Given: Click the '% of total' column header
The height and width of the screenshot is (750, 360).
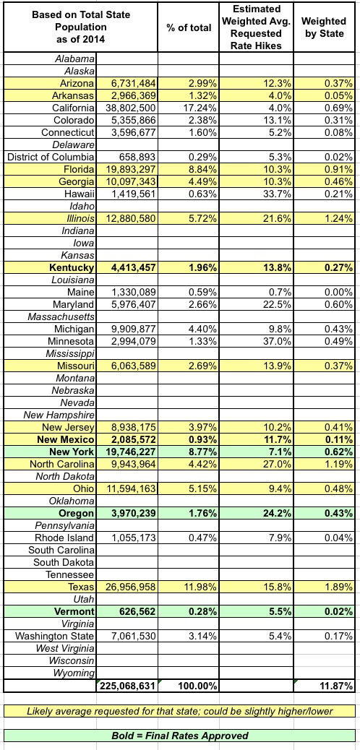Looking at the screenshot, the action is pyautogui.click(x=189, y=27).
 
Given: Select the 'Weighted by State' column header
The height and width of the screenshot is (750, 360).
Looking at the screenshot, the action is pyautogui.click(x=325, y=27).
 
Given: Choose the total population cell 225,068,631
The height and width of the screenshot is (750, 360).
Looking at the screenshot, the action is pyautogui.click(x=127, y=686).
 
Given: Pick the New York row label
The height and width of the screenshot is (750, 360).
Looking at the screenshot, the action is pyautogui.click(x=72, y=451).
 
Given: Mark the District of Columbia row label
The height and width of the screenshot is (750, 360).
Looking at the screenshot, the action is pyautogui.click(x=51, y=156).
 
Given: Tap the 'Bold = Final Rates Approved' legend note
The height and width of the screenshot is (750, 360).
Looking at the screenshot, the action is pyautogui.click(x=180, y=735).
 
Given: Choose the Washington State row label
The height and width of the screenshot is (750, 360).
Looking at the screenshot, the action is pyautogui.click(x=54, y=636).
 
